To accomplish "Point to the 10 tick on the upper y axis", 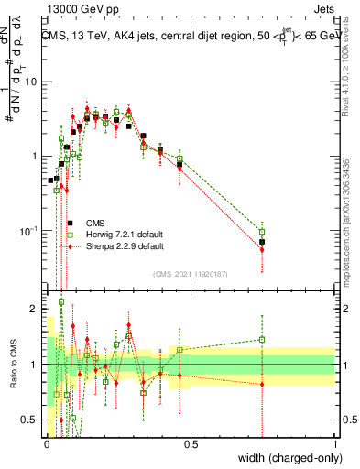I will click(33, 82).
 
